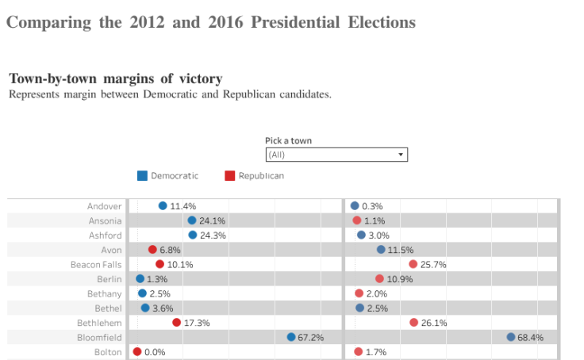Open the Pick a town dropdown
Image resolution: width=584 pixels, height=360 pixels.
click(x=336, y=155)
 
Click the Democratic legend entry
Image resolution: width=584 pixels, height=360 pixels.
click(x=167, y=175)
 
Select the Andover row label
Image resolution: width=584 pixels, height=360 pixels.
click(x=105, y=206)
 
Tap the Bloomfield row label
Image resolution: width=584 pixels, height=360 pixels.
click(x=100, y=337)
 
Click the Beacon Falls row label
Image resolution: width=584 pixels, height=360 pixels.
click(x=96, y=264)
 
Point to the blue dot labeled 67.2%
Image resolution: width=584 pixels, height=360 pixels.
click(x=291, y=337)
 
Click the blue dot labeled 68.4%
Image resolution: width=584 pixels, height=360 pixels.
click(x=511, y=337)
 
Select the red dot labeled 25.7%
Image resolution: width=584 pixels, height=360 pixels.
click(x=413, y=264)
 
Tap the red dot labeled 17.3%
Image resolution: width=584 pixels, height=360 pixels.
click(x=177, y=322)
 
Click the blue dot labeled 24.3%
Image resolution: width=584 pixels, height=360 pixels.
click(x=193, y=235)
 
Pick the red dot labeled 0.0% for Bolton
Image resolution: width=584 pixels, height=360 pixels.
click(x=137, y=351)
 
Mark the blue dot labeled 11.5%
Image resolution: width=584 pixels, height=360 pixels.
click(x=381, y=250)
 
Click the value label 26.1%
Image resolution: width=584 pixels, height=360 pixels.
click(x=434, y=323)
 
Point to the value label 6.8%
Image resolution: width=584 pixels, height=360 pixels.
click(x=170, y=250)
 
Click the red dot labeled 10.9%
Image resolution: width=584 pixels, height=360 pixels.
click(x=379, y=278)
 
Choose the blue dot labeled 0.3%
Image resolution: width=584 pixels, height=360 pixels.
click(x=355, y=205)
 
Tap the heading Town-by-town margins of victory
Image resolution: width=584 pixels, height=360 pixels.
click(x=116, y=79)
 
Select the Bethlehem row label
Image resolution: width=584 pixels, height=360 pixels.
click(x=99, y=323)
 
